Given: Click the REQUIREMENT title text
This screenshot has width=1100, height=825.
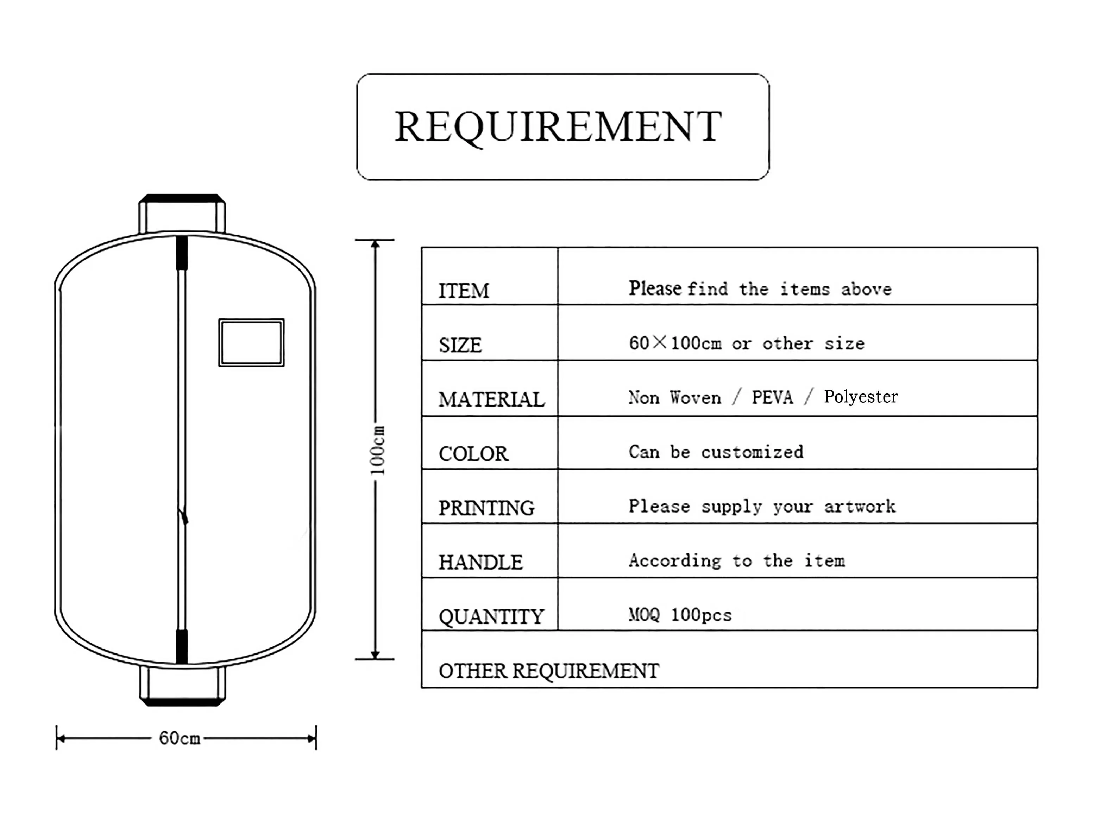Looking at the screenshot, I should point(558,126).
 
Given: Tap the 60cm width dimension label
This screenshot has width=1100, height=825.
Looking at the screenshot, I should point(180,738).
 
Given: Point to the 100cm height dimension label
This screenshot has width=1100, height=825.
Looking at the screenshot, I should point(378,450).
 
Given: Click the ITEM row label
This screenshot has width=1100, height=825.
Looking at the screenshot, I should point(464,291).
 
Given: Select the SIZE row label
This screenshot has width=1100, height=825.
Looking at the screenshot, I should point(460,345).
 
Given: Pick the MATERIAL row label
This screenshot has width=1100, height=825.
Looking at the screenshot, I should point(491,399).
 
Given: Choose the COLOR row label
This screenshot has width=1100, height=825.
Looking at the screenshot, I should point(473,454).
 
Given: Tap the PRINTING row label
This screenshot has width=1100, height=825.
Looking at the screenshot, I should point(486,508).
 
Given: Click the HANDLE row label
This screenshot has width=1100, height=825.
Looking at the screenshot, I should point(480,562).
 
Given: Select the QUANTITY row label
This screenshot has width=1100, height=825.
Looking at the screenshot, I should point(491,616).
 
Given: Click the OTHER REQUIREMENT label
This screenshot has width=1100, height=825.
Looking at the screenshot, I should point(548,671).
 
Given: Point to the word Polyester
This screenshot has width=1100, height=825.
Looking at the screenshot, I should point(860,397).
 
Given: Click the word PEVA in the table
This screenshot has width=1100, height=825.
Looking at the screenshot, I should point(772,397).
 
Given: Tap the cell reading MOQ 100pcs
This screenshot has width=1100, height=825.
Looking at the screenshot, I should point(680,615).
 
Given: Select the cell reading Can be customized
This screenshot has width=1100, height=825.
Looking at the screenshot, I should point(716,452).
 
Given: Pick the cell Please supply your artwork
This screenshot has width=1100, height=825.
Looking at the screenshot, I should point(762,506).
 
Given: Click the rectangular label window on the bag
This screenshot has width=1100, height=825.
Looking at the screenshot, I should point(251,343).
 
